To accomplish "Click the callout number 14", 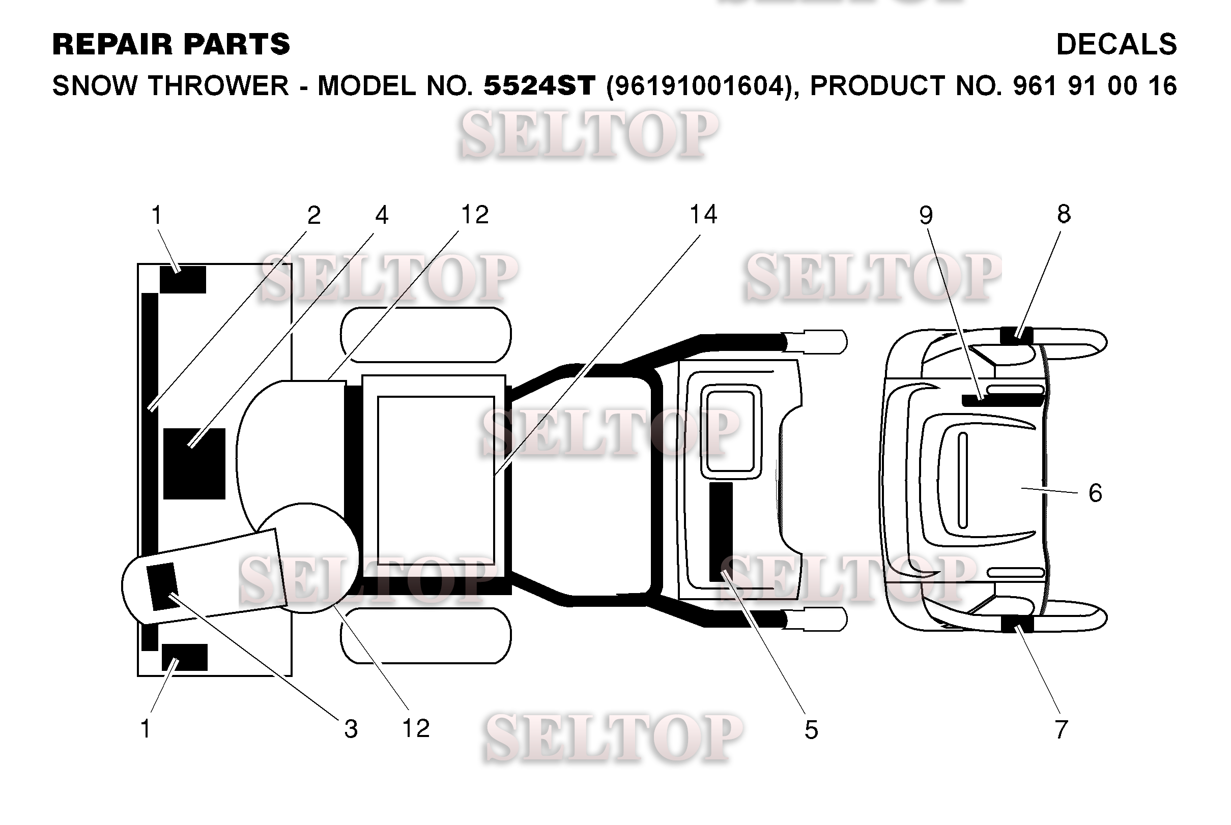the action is click(703, 215).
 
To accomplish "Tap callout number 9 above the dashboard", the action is click(926, 215).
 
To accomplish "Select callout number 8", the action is click(1064, 214).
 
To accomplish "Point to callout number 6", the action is click(1095, 493).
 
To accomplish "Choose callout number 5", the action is click(812, 730).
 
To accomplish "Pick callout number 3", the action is click(351, 729).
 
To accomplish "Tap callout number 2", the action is click(314, 215).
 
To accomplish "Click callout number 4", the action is click(382, 215).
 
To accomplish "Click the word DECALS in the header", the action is click(1117, 44).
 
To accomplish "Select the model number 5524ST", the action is click(539, 85).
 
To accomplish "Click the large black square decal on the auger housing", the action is click(194, 463).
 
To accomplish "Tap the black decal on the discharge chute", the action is click(163, 586).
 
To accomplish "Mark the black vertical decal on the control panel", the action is click(721, 532).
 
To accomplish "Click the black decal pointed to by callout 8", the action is click(1017, 336).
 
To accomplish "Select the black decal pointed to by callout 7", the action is click(1017, 624).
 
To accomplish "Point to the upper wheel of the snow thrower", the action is click(426, 335).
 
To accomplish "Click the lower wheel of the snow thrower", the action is click(426, 636).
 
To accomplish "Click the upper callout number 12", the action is click(475, 215).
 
